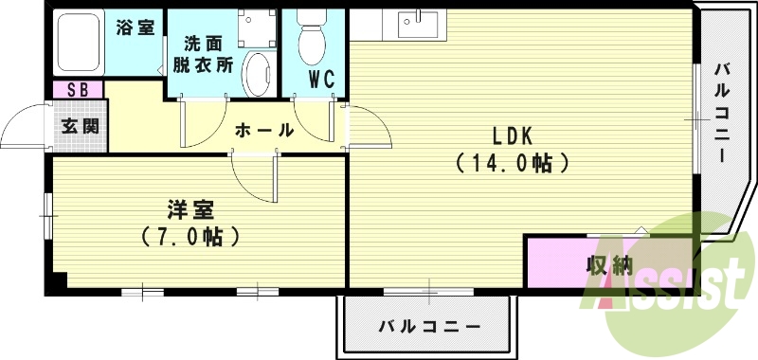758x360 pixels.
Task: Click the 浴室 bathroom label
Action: click(x=135, y=27)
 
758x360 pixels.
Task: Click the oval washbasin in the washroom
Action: click(x=256, y=73)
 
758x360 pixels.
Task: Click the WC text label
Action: click(x=321, y=81)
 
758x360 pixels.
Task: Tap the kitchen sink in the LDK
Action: click(x=415, y=22)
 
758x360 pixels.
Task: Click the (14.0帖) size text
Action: click(x=511, y=162)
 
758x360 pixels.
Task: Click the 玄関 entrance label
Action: click(x=80, y=125)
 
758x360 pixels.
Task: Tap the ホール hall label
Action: click(x=262, y=130)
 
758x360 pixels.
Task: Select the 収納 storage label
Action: click(x=608, y=266)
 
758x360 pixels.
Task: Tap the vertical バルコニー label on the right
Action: click(x=720, y=113)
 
